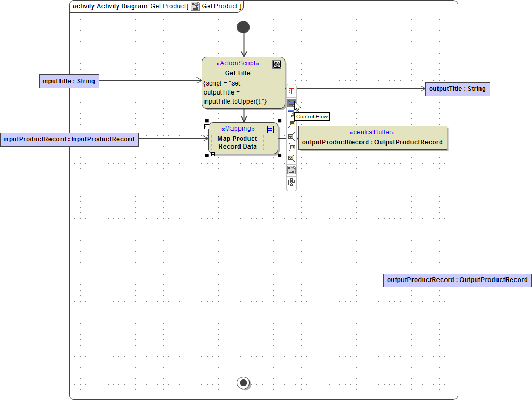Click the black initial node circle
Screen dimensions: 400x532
coord(243,27)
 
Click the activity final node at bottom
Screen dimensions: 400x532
coord(244,382)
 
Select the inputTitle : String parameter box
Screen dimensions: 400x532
coord(69,81)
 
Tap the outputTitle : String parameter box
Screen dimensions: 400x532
coord(457,89)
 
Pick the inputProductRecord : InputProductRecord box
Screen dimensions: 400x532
coord(69,139)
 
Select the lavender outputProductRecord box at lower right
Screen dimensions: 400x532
coord(457,280)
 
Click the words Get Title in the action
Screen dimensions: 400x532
coord(237,73)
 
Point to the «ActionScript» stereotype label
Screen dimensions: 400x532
coord(238,63)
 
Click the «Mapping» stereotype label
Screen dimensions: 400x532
coord(238,129)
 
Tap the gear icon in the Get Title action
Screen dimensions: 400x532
coord(277,64)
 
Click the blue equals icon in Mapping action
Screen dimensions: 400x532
coord(270,129)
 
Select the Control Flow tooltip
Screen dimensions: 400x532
coord(312,116)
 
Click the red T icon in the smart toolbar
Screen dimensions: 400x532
coord(291,91)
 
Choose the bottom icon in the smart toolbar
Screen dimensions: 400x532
coord(291,182)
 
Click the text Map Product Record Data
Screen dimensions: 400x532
coord(237,142)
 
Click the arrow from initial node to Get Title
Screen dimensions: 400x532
coord(244,45)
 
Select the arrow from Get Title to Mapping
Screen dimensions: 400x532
coord(244,115)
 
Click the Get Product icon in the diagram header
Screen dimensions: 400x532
coord(195,6)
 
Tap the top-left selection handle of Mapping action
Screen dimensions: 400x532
coord(207,121)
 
